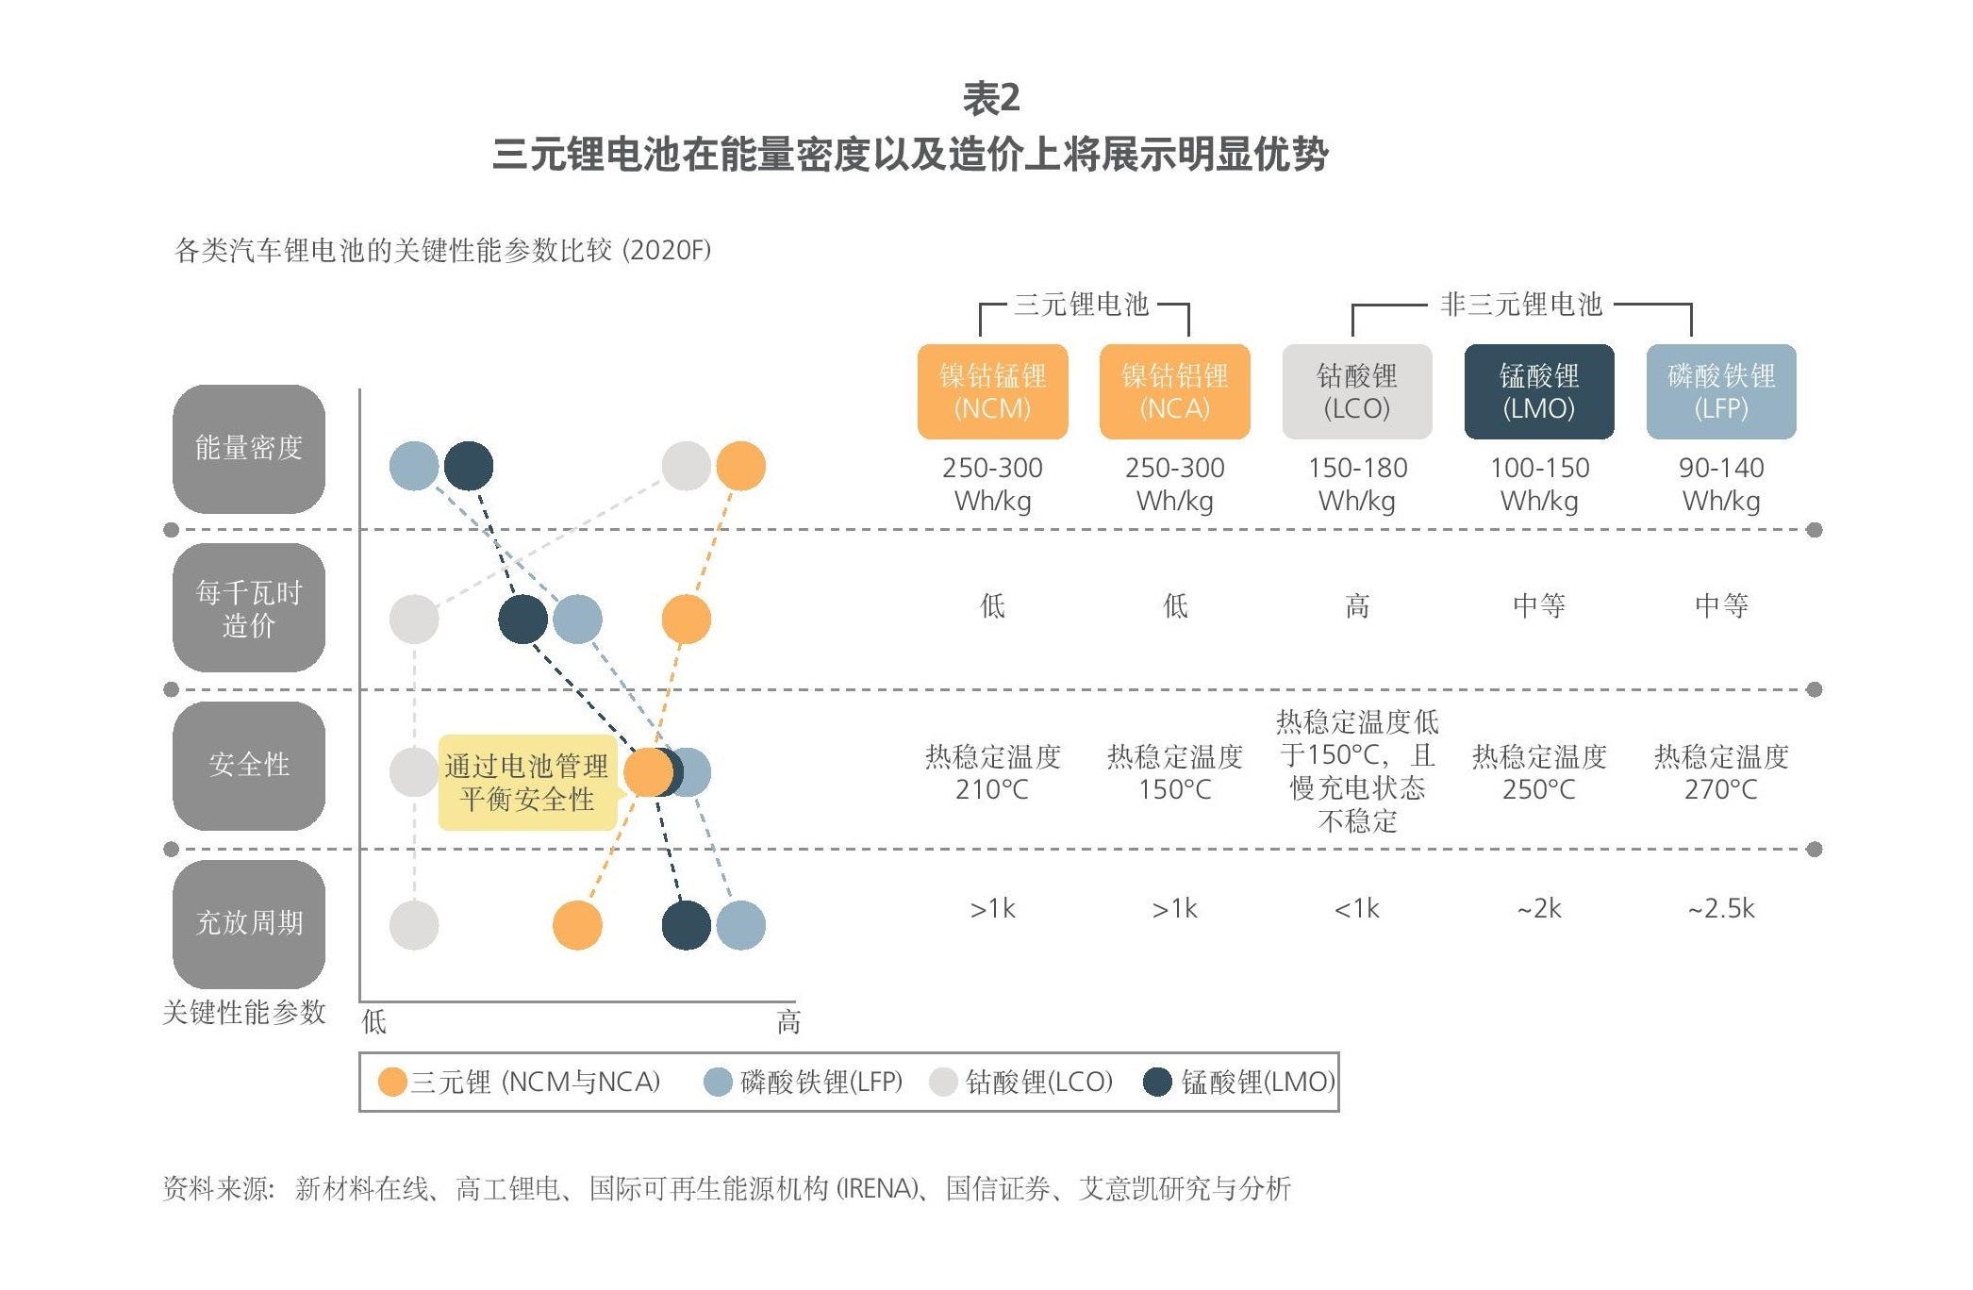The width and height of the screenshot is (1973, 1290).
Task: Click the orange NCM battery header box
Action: coord(992,391)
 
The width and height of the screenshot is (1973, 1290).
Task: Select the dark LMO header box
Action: coord(1539,391)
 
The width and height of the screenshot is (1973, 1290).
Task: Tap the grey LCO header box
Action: coord(1357,391)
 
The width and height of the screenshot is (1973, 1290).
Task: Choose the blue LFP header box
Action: coord(1721,391)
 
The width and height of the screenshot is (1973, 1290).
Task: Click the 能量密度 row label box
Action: coord(249,448)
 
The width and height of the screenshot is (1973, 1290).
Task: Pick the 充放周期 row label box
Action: coord(249,923)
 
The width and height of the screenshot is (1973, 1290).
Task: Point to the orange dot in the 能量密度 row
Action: coord(740,466)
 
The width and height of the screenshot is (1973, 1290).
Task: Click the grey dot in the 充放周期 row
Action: coord(414,925)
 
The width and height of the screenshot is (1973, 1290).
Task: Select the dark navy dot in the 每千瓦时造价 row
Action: coord(522,620)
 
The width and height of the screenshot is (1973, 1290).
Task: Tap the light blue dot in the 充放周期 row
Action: coord(740,925)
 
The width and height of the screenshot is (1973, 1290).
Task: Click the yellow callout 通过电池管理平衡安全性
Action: coord(527,783)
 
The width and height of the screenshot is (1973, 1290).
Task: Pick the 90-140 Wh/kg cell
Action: coord(1721,484)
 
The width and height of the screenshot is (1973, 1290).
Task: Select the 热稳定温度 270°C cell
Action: coord(1721,772)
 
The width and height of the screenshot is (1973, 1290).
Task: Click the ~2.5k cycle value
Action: coord(1721,908)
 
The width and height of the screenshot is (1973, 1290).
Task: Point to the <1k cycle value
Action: coord(1357,908)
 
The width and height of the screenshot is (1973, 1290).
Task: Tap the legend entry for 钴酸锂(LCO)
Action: coord(1021,1082)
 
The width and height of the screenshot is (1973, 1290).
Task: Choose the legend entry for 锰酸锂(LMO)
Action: coord(1239,1082)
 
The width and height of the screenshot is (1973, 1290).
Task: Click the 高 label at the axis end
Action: coord(788,1022)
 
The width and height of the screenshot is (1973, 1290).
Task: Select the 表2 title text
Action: coord(991,98)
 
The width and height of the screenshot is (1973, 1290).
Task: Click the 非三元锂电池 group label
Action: coord(1521,304)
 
